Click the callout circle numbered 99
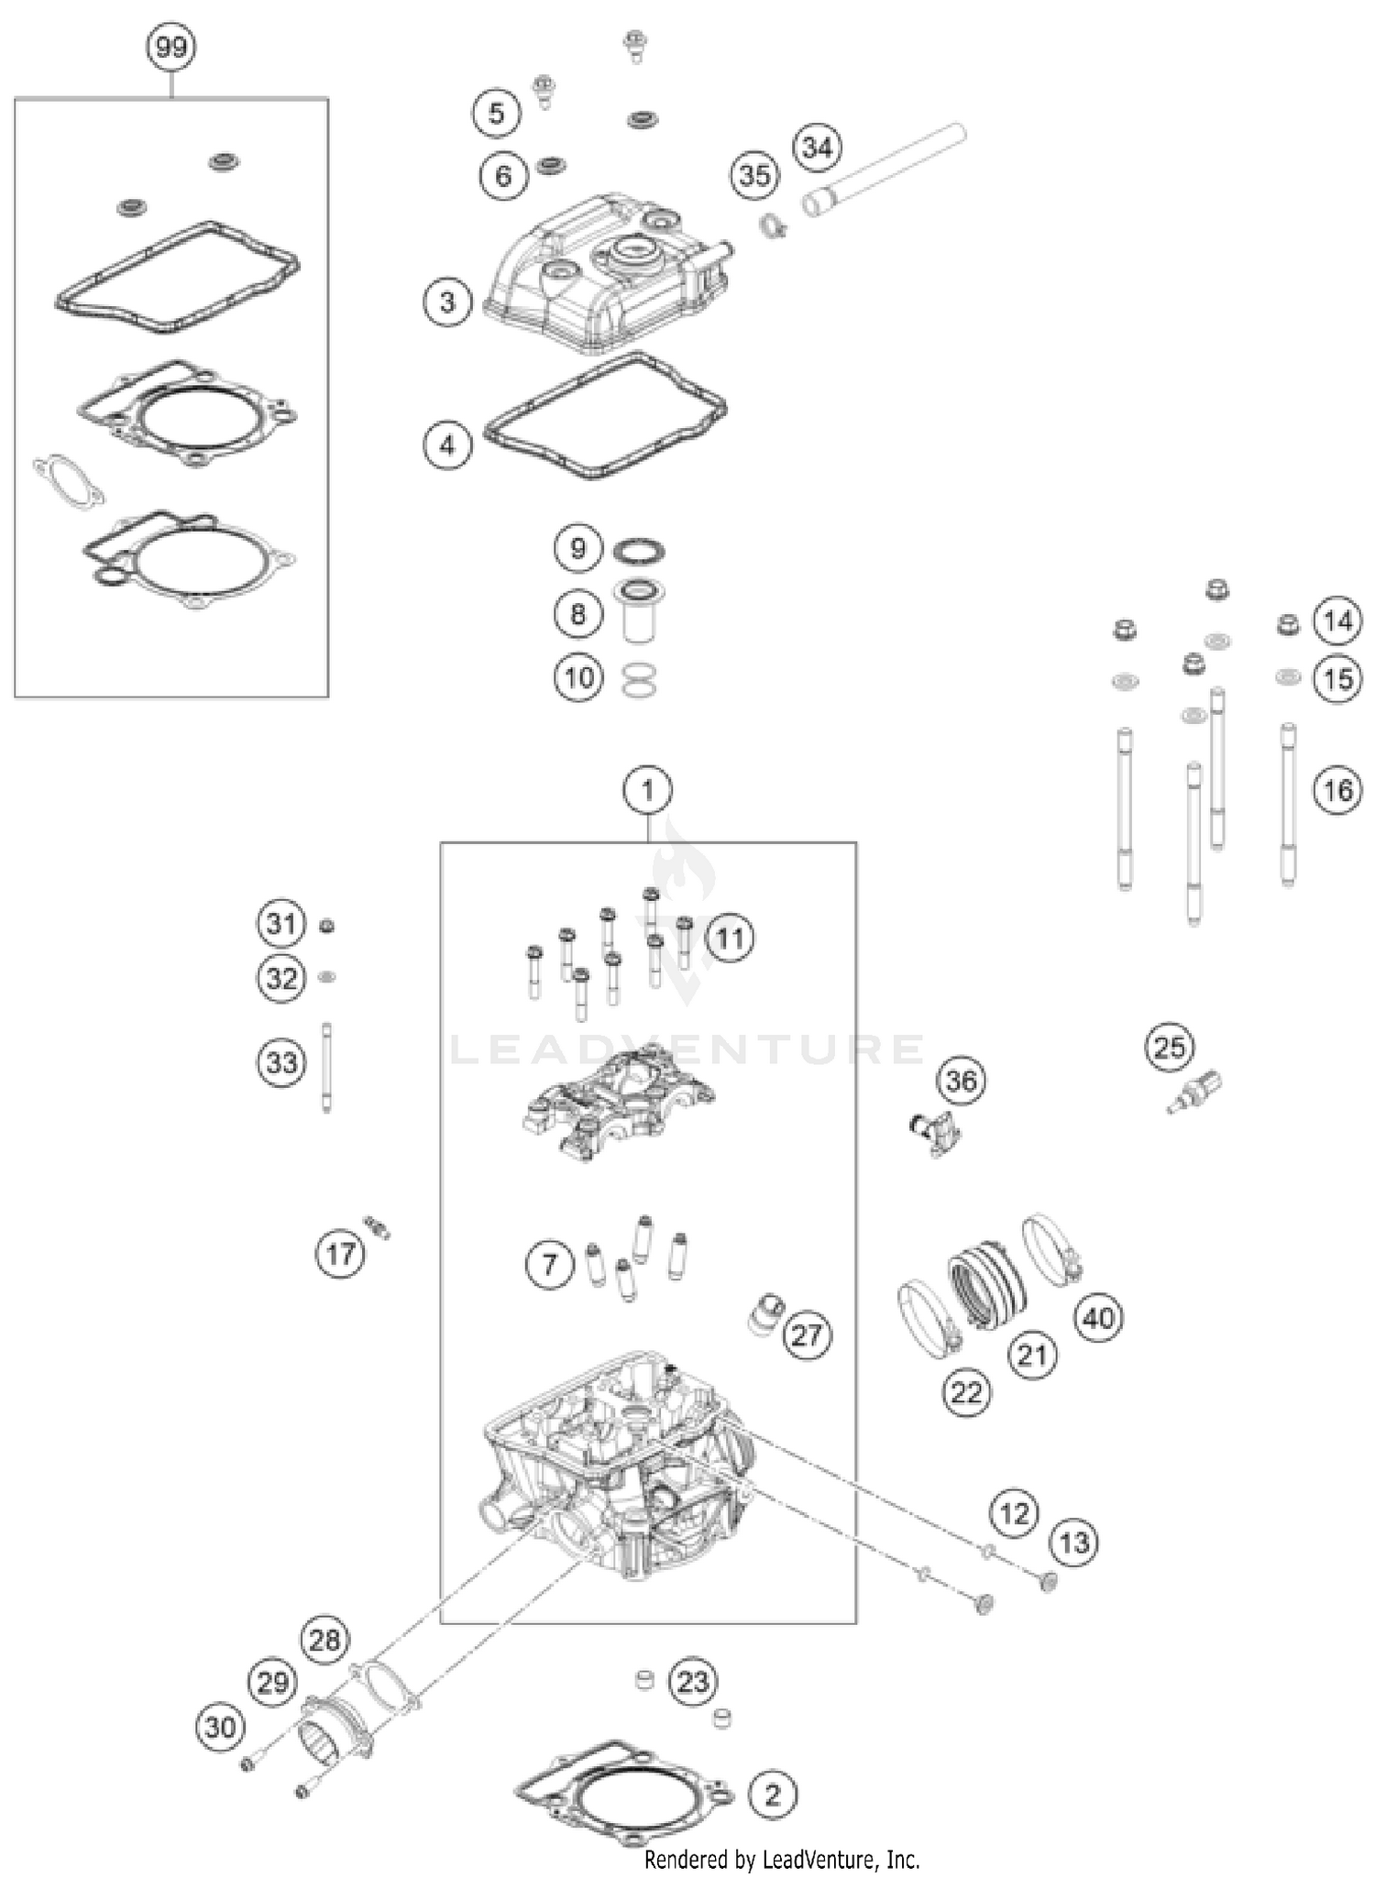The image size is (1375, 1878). [x=171, y=47]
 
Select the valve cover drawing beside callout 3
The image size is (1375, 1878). [x=605, y=275]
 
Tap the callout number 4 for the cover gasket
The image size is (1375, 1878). [x=447, y=445]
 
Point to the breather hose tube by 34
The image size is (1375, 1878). [x=885, y=169]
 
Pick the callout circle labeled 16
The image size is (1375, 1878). [x=1337, y=789]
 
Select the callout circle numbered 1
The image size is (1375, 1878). [x=648, y=789]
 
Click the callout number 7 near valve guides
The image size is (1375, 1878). [x=549, y=1266]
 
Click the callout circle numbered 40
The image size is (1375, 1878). [x=1098, y=1318]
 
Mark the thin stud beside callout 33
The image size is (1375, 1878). [x=326, y=1067]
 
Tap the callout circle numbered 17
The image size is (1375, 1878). [x=340, y=1253]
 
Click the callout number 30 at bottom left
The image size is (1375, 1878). [x=220, y=1728]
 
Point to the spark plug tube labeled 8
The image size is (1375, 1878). [x=638, y=612]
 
